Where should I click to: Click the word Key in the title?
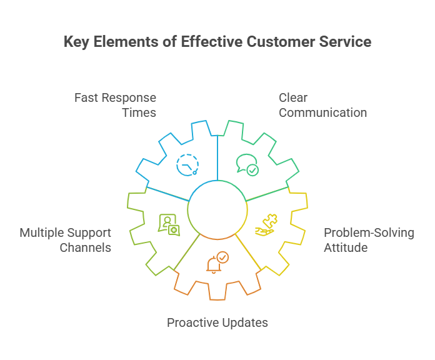[x=77, y=42]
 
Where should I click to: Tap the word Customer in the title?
[x=281, y=42]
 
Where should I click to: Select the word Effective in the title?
[x=212, y=42]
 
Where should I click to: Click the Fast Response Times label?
[x=115, y=105]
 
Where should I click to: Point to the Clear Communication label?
[x=322, y=105]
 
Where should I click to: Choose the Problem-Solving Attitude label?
[x=369, y=240]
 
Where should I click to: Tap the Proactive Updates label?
[x=217, y=322]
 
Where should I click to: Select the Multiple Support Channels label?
[x=66, y=240]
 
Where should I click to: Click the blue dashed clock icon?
[x=187, y=165]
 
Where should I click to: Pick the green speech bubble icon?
[x=247, y=165]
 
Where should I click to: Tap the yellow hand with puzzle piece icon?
[x=266, y=225]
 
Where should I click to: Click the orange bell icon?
[x=214, y=264]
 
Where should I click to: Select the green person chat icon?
[x=169, y=225]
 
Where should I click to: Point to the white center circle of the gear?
[x=217, y=210]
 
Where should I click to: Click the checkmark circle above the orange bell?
[x=222, y=257]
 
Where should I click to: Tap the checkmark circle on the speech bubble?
[x=252, y=170]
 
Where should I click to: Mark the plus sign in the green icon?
[x=174, y=230]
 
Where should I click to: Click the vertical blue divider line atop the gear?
[x=217, y=158]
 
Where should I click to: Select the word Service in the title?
[x=345, y=42]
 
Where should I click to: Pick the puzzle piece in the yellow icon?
[x=270, y=221]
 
